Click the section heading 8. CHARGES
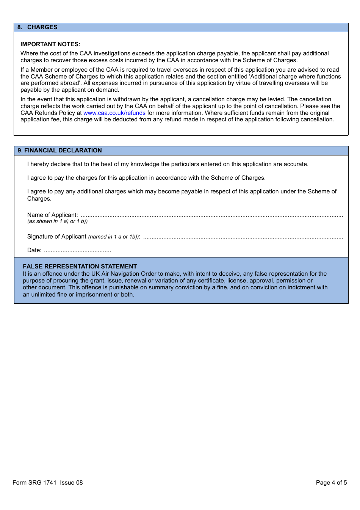click(x=37, y=27)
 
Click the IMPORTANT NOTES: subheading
click(x=50, y=44)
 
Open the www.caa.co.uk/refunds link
click(x=114, y=113)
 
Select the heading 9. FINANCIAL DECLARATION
click(x=59, y=151)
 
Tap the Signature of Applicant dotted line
click(x=243, y=237)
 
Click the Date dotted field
click(x=77, y=251)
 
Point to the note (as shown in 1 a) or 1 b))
click(x=57, y=221)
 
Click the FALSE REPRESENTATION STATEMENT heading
click(x=80, y=267)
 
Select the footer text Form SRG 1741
click(x=34, y=483)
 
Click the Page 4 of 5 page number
click(x=331, y=483)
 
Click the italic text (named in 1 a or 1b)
click(x=114, y=237)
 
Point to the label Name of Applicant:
click(x=52, y=215)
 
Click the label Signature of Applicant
click(x=56, y=237)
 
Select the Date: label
click(x=34, y=250)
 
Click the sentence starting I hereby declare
click(x=167, y=164)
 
